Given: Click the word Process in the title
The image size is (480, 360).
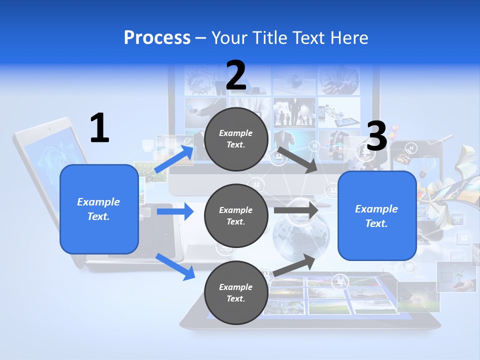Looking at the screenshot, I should click(157, 38).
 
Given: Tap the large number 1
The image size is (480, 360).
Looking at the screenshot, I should click(99, 128).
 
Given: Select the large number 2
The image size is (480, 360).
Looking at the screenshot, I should click(236, 76).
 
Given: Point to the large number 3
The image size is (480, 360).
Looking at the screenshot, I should click(377, 136).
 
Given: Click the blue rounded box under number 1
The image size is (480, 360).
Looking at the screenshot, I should click(99, 209).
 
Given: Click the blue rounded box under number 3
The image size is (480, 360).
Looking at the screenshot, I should click(377, 216).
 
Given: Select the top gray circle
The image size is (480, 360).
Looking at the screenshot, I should click(236, 139).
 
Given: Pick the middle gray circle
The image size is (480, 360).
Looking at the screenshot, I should click(236, 215).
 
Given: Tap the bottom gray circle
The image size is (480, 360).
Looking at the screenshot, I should click(236, 292).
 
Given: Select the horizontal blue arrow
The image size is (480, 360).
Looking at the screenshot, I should click(175, 211).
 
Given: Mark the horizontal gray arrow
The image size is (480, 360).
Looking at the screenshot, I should click(295, 210).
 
